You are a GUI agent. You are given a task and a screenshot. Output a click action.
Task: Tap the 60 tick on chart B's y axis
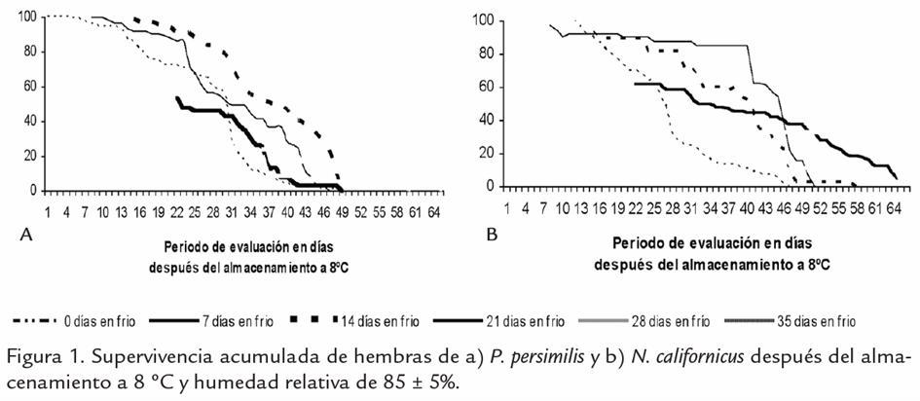(487, 87)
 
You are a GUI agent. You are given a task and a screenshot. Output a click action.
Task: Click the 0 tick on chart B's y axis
(491, 186)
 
